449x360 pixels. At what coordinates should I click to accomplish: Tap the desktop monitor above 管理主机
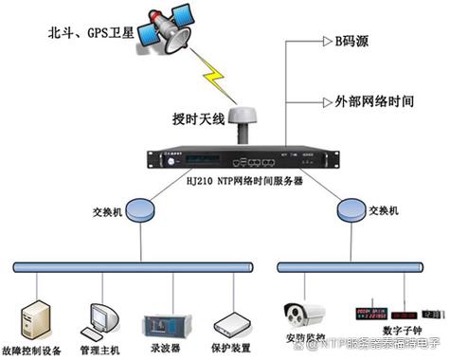click(100, 319)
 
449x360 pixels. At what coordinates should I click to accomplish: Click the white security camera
click(306, 312)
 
